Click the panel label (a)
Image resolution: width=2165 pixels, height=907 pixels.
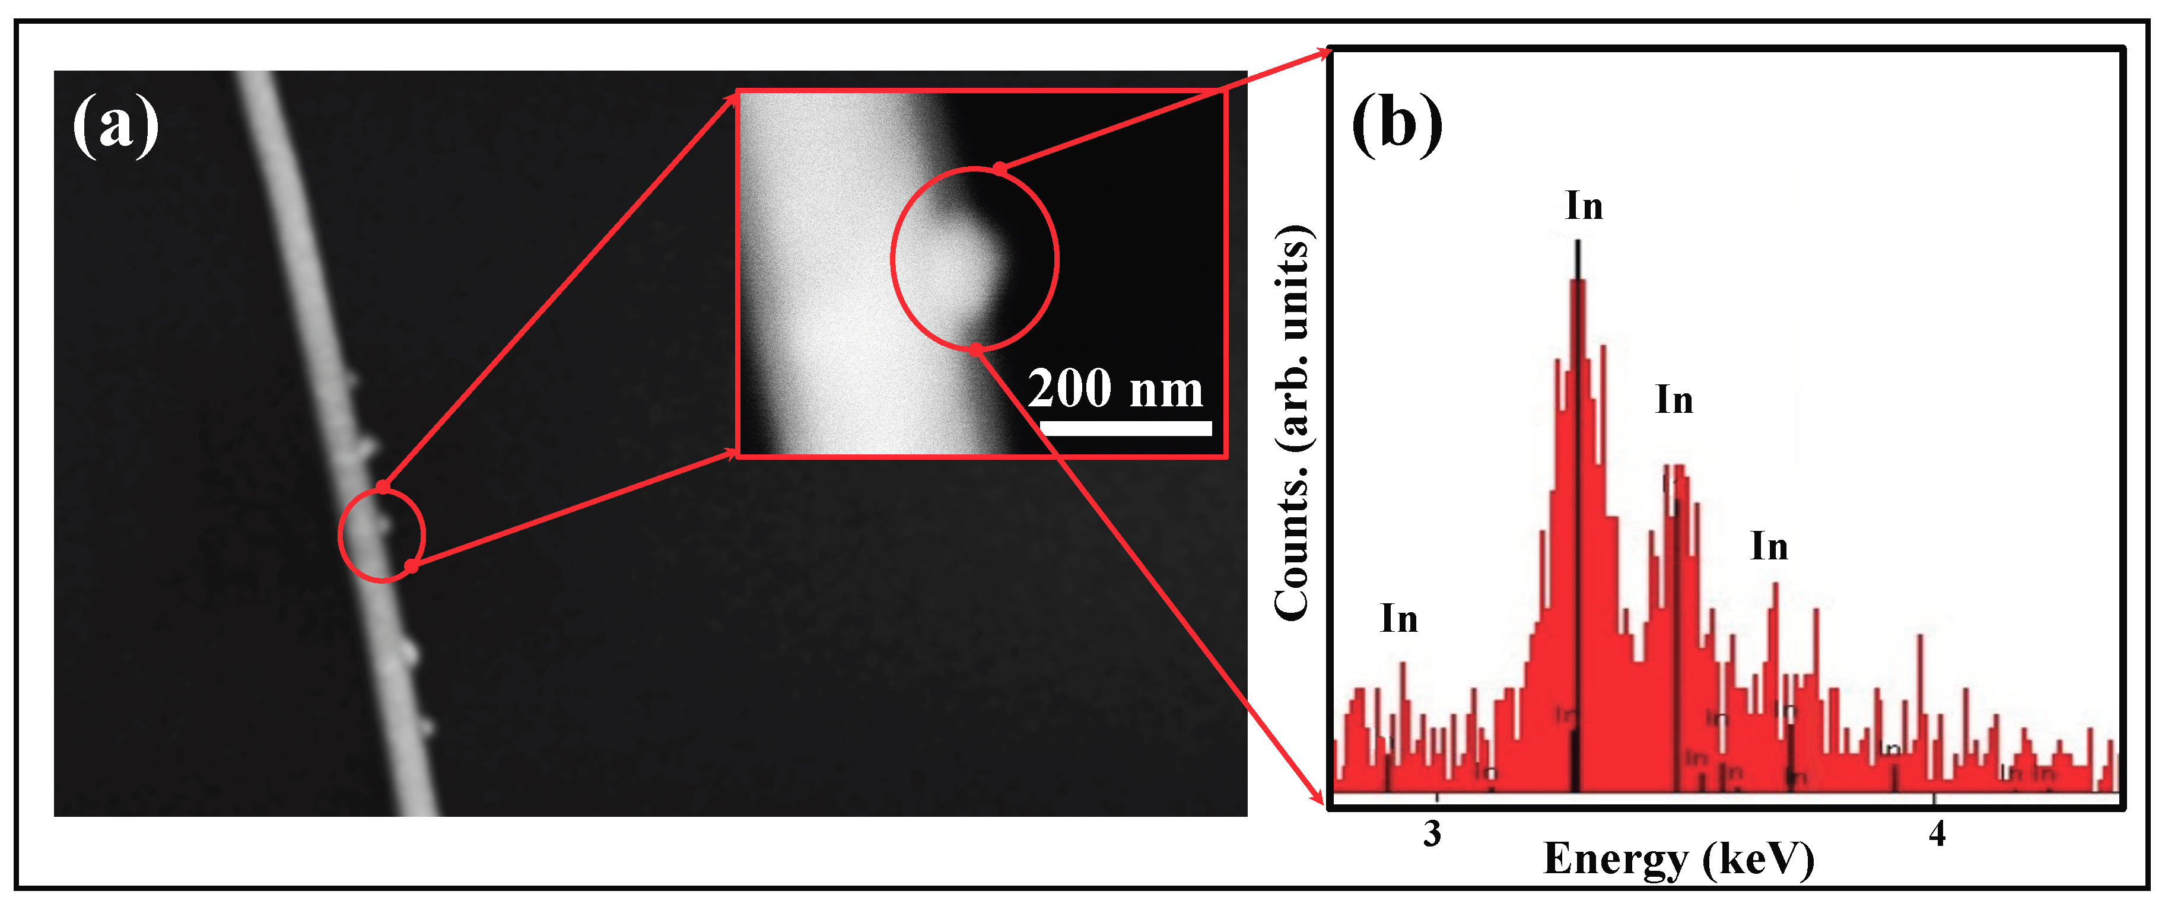point(115,126)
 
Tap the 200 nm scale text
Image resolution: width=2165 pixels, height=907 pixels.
point(1115,389)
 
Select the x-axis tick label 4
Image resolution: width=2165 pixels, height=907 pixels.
point(1937,834)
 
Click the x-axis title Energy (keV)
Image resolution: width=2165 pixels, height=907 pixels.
point(1678,859)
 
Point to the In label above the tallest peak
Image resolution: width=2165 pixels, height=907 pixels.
point(1584,206)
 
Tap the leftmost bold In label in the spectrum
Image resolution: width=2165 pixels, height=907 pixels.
point(1398,619)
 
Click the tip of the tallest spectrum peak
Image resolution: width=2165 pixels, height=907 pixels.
point(1578,244)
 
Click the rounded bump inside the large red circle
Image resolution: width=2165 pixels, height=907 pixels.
point(962,260)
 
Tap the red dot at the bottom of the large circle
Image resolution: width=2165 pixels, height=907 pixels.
point(975,349)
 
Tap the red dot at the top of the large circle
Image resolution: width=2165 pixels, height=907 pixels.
point(999,169)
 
